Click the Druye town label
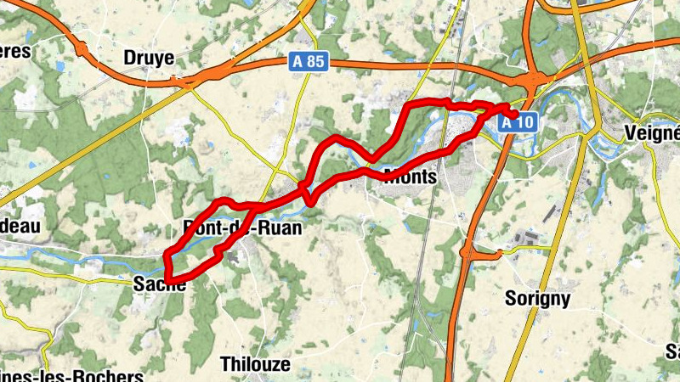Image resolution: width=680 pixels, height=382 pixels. pyautogui.click(x=149, y=58)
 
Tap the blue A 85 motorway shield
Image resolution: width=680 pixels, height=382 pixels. pyautogui.click(x=307, y=62)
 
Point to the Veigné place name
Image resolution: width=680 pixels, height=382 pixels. pyautogui.click(x=652, y=133)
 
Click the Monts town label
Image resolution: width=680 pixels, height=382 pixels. pyautogui.click(x=411, y=177)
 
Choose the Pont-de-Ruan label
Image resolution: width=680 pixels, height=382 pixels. pyautogui.click(x=242, y=228)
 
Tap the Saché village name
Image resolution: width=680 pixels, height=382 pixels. pyautogui.click(x=160, y=286)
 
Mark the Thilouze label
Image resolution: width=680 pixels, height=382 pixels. pyautogui.click(x=255, y=364)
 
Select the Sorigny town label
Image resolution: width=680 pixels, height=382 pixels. pyautogui.click(x=537, y=299)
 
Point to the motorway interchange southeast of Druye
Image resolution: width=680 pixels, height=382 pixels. pyautogui.click(x=182, y=81)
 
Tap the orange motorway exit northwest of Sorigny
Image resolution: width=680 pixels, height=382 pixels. pyautogui.click(x=467, y=251)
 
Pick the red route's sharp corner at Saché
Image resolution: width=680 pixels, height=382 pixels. pyautogui.click(x=168, y=279)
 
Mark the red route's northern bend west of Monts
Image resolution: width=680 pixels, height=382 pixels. pyautogui.click(x=337, y=138)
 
